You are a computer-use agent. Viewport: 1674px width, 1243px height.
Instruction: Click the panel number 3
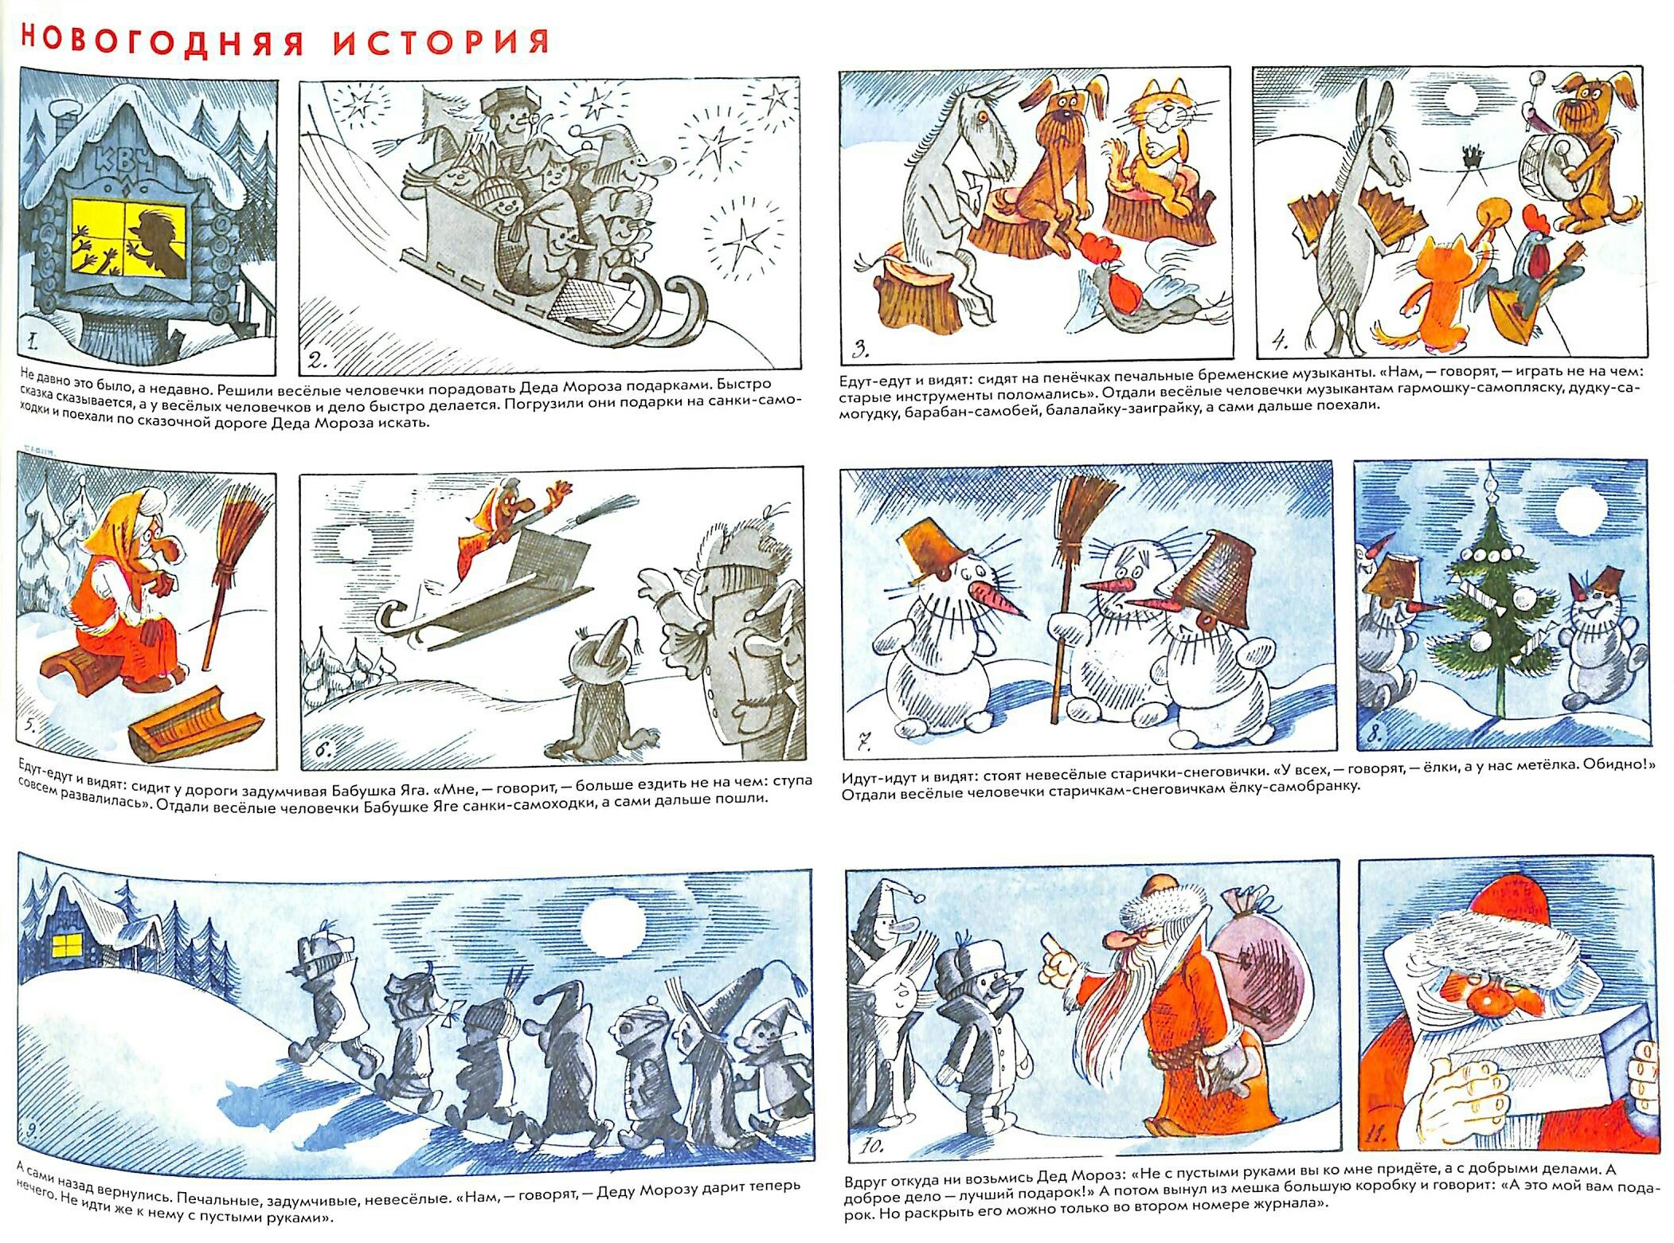pyautogui.click(x=861, y=348)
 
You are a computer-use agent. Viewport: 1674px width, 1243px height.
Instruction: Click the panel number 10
pyautogui.click(x=871, y=1147)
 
